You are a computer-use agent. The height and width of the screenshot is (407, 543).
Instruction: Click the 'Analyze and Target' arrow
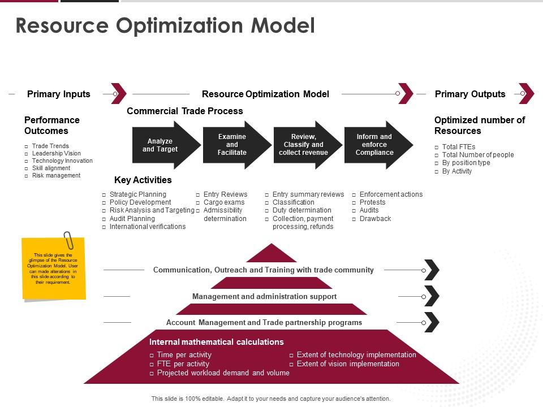(165, 145)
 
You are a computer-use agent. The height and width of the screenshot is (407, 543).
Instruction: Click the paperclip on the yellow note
(68, 240)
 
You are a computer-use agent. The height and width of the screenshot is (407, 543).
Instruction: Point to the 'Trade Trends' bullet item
(50, 146)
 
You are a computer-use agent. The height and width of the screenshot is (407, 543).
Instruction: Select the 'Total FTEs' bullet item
(459, 147)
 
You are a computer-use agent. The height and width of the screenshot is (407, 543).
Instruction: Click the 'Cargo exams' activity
(224, 202)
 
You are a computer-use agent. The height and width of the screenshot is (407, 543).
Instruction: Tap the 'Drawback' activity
(375, 219)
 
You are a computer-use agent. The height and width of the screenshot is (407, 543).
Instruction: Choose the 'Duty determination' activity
(301, 210)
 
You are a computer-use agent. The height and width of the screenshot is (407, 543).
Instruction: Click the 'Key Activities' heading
(143, 180)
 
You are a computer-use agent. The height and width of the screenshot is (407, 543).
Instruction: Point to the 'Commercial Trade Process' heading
(185, 111)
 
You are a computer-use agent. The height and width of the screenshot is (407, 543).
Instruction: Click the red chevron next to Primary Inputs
(119, 93)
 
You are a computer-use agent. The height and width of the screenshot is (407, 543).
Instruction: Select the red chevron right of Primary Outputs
(527, 94)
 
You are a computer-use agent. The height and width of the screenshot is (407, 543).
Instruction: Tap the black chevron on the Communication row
(432, 270)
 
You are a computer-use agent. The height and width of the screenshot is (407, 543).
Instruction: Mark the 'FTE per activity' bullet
(183, 364)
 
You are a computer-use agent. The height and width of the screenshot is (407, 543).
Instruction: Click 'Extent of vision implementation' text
(348, 364)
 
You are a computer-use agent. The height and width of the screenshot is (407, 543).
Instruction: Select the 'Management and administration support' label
(264, 296)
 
